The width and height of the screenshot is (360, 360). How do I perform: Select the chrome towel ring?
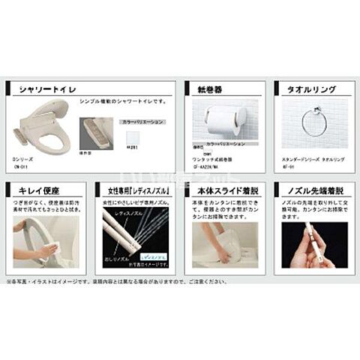(314, 122)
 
